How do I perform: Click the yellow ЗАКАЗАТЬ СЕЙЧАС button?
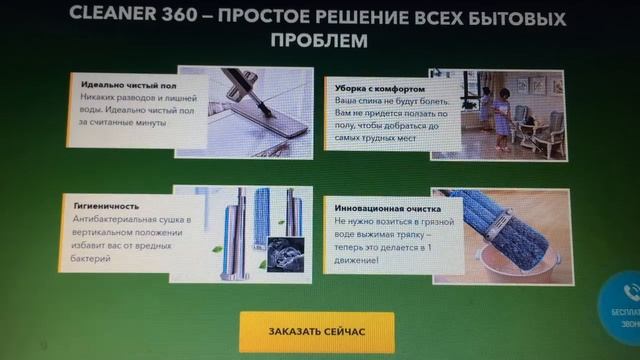pyautogui.click(x=316, y=331)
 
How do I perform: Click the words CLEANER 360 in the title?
pyautogui.click(x=123, y=15)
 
